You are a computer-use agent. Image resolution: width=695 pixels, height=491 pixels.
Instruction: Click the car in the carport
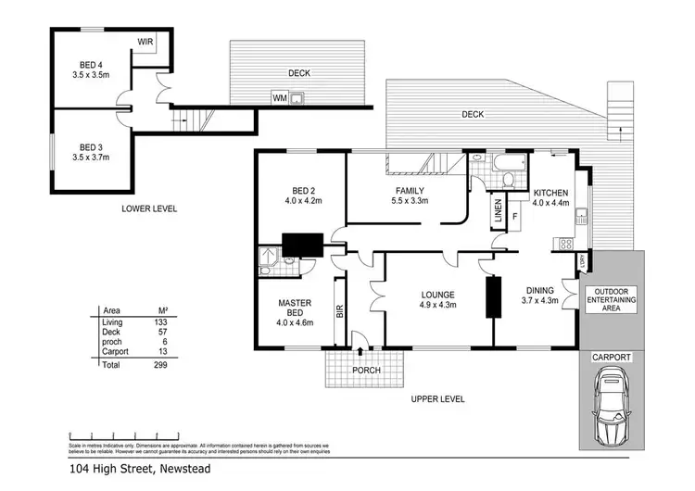pos(611,406)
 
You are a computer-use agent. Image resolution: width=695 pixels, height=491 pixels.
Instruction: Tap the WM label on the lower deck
pos(278,97)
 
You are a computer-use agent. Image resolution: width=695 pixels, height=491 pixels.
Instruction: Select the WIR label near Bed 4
pos(145,42)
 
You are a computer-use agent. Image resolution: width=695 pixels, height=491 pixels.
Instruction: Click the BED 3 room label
pos(89,147)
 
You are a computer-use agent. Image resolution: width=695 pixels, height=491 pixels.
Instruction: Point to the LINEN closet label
pos(498,211)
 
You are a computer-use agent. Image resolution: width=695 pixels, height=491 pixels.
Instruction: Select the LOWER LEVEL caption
pos(149,208)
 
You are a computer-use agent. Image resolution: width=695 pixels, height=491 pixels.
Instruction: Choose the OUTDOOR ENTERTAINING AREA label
pos(611,300)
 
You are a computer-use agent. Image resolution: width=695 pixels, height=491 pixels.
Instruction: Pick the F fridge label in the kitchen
pos(515,217)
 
